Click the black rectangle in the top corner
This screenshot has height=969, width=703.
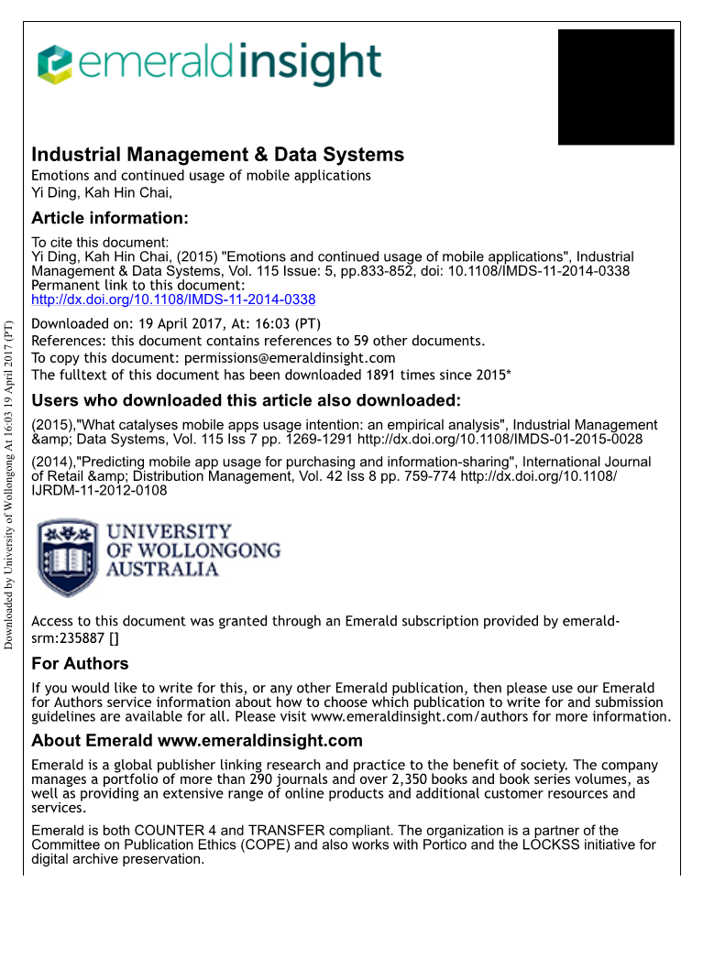click(x=616, y=87)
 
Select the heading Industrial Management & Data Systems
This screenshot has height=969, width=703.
click(x=217, y=155)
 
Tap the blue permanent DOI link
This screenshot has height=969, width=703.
click(x=173, y=299)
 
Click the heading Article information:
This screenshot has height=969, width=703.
click(x=109, y=218)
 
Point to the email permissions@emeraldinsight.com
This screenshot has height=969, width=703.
click(x=290, y=358)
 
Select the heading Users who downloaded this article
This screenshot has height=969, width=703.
click(x=246, y=400)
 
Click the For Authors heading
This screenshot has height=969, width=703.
click(x=80, y=663)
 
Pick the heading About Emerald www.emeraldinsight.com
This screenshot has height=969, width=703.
click(x=196, y=741)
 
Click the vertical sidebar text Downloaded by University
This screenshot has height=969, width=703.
click(x=9, y=484)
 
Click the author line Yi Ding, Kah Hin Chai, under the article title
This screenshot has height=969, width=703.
click(x=102, y=192)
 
